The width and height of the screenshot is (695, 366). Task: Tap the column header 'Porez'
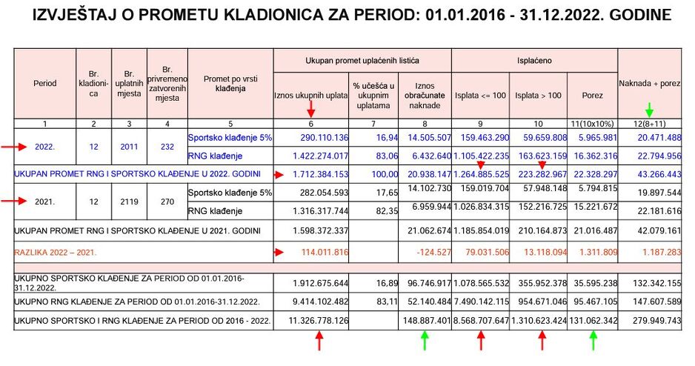tap(592, 95)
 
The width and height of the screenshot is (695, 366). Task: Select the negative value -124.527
tap(430, 252)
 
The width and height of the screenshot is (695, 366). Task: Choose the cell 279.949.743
tap(654, 322)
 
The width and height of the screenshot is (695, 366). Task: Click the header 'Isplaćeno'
tap(533, 59)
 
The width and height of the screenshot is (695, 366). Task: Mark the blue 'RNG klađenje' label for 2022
tap(216, 156)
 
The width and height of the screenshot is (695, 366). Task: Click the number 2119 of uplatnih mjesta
tap(129, 202)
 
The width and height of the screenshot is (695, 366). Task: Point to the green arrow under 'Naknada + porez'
tap(650, 109)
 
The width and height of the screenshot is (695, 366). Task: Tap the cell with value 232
tap(167, 147)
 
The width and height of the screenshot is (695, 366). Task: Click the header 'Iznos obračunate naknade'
tap(424, 96)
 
